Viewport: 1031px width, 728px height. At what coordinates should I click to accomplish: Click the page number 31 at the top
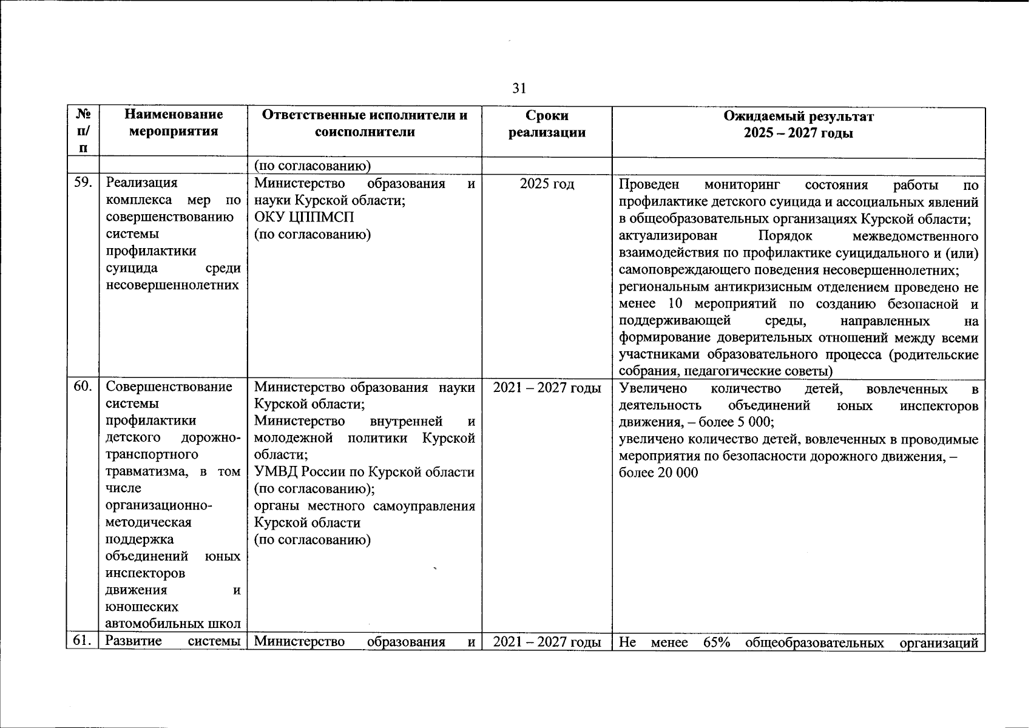519,89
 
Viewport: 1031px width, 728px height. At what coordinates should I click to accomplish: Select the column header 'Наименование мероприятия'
174,123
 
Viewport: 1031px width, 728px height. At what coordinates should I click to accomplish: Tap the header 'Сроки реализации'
547,123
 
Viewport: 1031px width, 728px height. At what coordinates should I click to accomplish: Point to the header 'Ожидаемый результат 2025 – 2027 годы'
798,123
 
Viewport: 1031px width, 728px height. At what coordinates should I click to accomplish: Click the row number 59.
83,183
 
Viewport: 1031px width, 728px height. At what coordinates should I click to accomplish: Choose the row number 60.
83,386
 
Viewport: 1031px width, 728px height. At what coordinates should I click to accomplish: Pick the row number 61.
83,641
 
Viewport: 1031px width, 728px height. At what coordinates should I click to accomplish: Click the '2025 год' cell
547,183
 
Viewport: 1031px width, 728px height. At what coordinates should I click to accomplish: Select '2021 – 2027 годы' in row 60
547,387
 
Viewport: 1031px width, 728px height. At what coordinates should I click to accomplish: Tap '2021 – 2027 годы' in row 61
547,641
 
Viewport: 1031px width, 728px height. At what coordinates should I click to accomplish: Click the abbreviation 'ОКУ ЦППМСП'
304,217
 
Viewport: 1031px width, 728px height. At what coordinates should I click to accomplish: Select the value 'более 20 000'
658,473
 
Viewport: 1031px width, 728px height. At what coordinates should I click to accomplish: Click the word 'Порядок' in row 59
785,235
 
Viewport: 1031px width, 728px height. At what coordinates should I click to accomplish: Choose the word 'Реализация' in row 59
141,183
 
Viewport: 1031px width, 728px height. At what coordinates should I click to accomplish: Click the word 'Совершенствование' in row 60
169,387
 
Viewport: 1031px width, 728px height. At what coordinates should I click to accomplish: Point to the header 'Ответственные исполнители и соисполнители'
365,123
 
